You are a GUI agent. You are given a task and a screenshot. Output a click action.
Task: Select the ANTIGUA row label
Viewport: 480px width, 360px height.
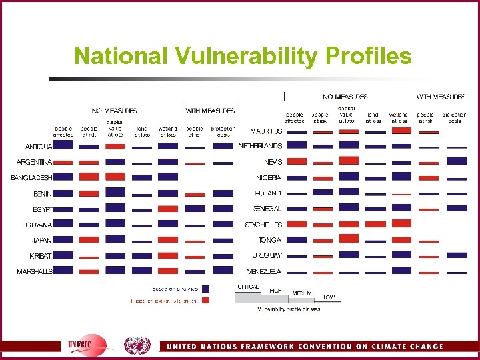pos(39,146)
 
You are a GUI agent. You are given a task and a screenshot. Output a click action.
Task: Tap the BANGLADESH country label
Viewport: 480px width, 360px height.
pos(31,177)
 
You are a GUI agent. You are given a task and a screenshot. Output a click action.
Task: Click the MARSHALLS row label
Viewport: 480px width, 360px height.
pos(35,271)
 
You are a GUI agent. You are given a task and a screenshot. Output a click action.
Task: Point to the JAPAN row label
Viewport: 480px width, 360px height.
pos(42,240)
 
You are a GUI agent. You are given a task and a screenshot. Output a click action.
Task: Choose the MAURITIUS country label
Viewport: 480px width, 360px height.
pos(266,131)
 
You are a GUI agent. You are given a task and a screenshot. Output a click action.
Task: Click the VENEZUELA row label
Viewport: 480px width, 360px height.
pos(264,271)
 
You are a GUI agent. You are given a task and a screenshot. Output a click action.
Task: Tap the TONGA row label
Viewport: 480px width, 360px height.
pos(270,240)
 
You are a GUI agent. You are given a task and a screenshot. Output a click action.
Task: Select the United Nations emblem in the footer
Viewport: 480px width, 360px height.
pos(137,345)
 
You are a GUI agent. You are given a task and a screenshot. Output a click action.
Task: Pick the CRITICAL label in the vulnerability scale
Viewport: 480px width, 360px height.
pos(247,287)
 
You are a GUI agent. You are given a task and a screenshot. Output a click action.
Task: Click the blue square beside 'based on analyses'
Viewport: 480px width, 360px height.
pos(206,289)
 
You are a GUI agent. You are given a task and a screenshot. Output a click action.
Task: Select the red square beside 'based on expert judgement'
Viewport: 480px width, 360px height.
pos(206,300)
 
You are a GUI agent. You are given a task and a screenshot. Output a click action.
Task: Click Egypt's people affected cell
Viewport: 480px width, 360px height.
pos(63,209)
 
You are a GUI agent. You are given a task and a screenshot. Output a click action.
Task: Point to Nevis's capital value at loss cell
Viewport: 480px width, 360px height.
pos(349,161)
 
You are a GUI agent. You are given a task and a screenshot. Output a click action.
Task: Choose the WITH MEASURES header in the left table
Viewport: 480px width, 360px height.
pos(210,111)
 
